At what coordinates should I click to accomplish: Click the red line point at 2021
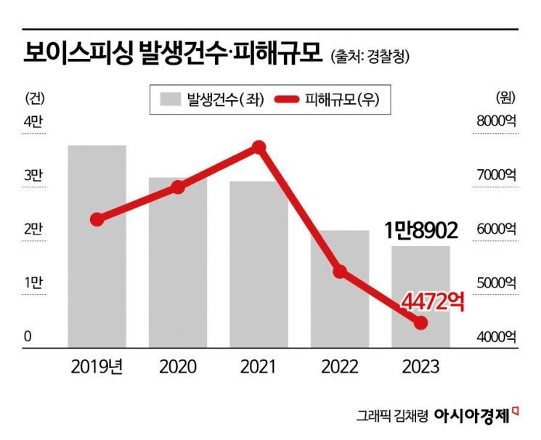tap(259, 147)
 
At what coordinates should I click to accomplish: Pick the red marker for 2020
tap(178, 187)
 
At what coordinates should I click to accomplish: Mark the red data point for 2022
tap(340, 272)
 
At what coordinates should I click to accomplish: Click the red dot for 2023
tap(420, 322)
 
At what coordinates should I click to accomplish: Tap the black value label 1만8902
tap(421, 232)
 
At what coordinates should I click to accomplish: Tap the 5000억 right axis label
tap(495, 282)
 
